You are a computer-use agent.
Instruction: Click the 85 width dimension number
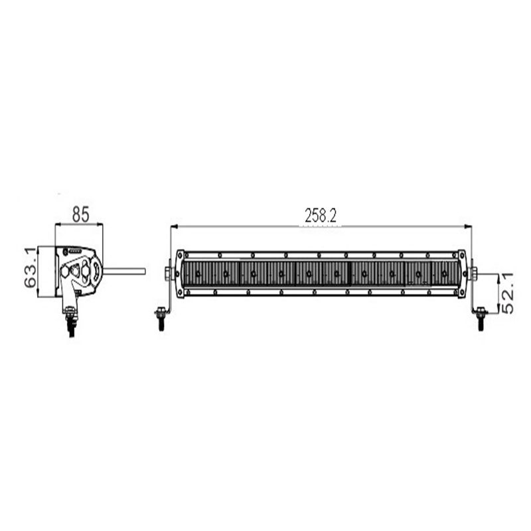click(80, 214)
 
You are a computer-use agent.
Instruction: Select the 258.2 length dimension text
click(321, 215)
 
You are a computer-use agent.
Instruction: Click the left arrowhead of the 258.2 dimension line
click(174, 227)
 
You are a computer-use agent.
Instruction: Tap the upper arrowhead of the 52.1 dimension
click(498, 275)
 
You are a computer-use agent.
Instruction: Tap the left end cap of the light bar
click(180, 273)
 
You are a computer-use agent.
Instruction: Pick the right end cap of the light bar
click(461, 273)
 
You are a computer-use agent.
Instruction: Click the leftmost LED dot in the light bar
click(198, 273)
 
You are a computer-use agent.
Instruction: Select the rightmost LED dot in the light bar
click(443, 273)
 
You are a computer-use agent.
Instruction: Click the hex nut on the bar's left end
click(167, 272)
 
